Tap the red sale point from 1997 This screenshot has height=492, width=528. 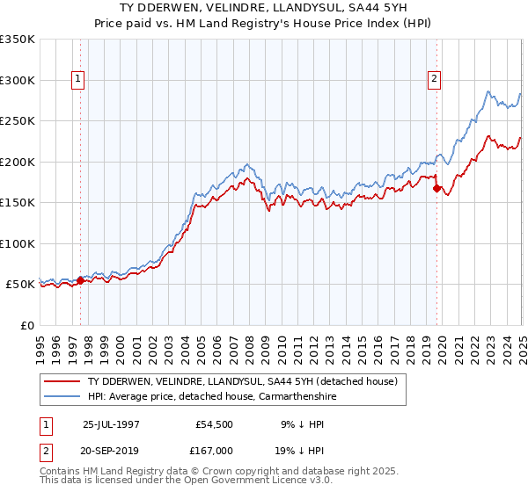80,281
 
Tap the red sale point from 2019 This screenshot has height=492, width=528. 437,188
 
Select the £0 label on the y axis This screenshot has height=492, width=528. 26,325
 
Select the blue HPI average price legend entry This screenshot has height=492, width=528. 211,397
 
